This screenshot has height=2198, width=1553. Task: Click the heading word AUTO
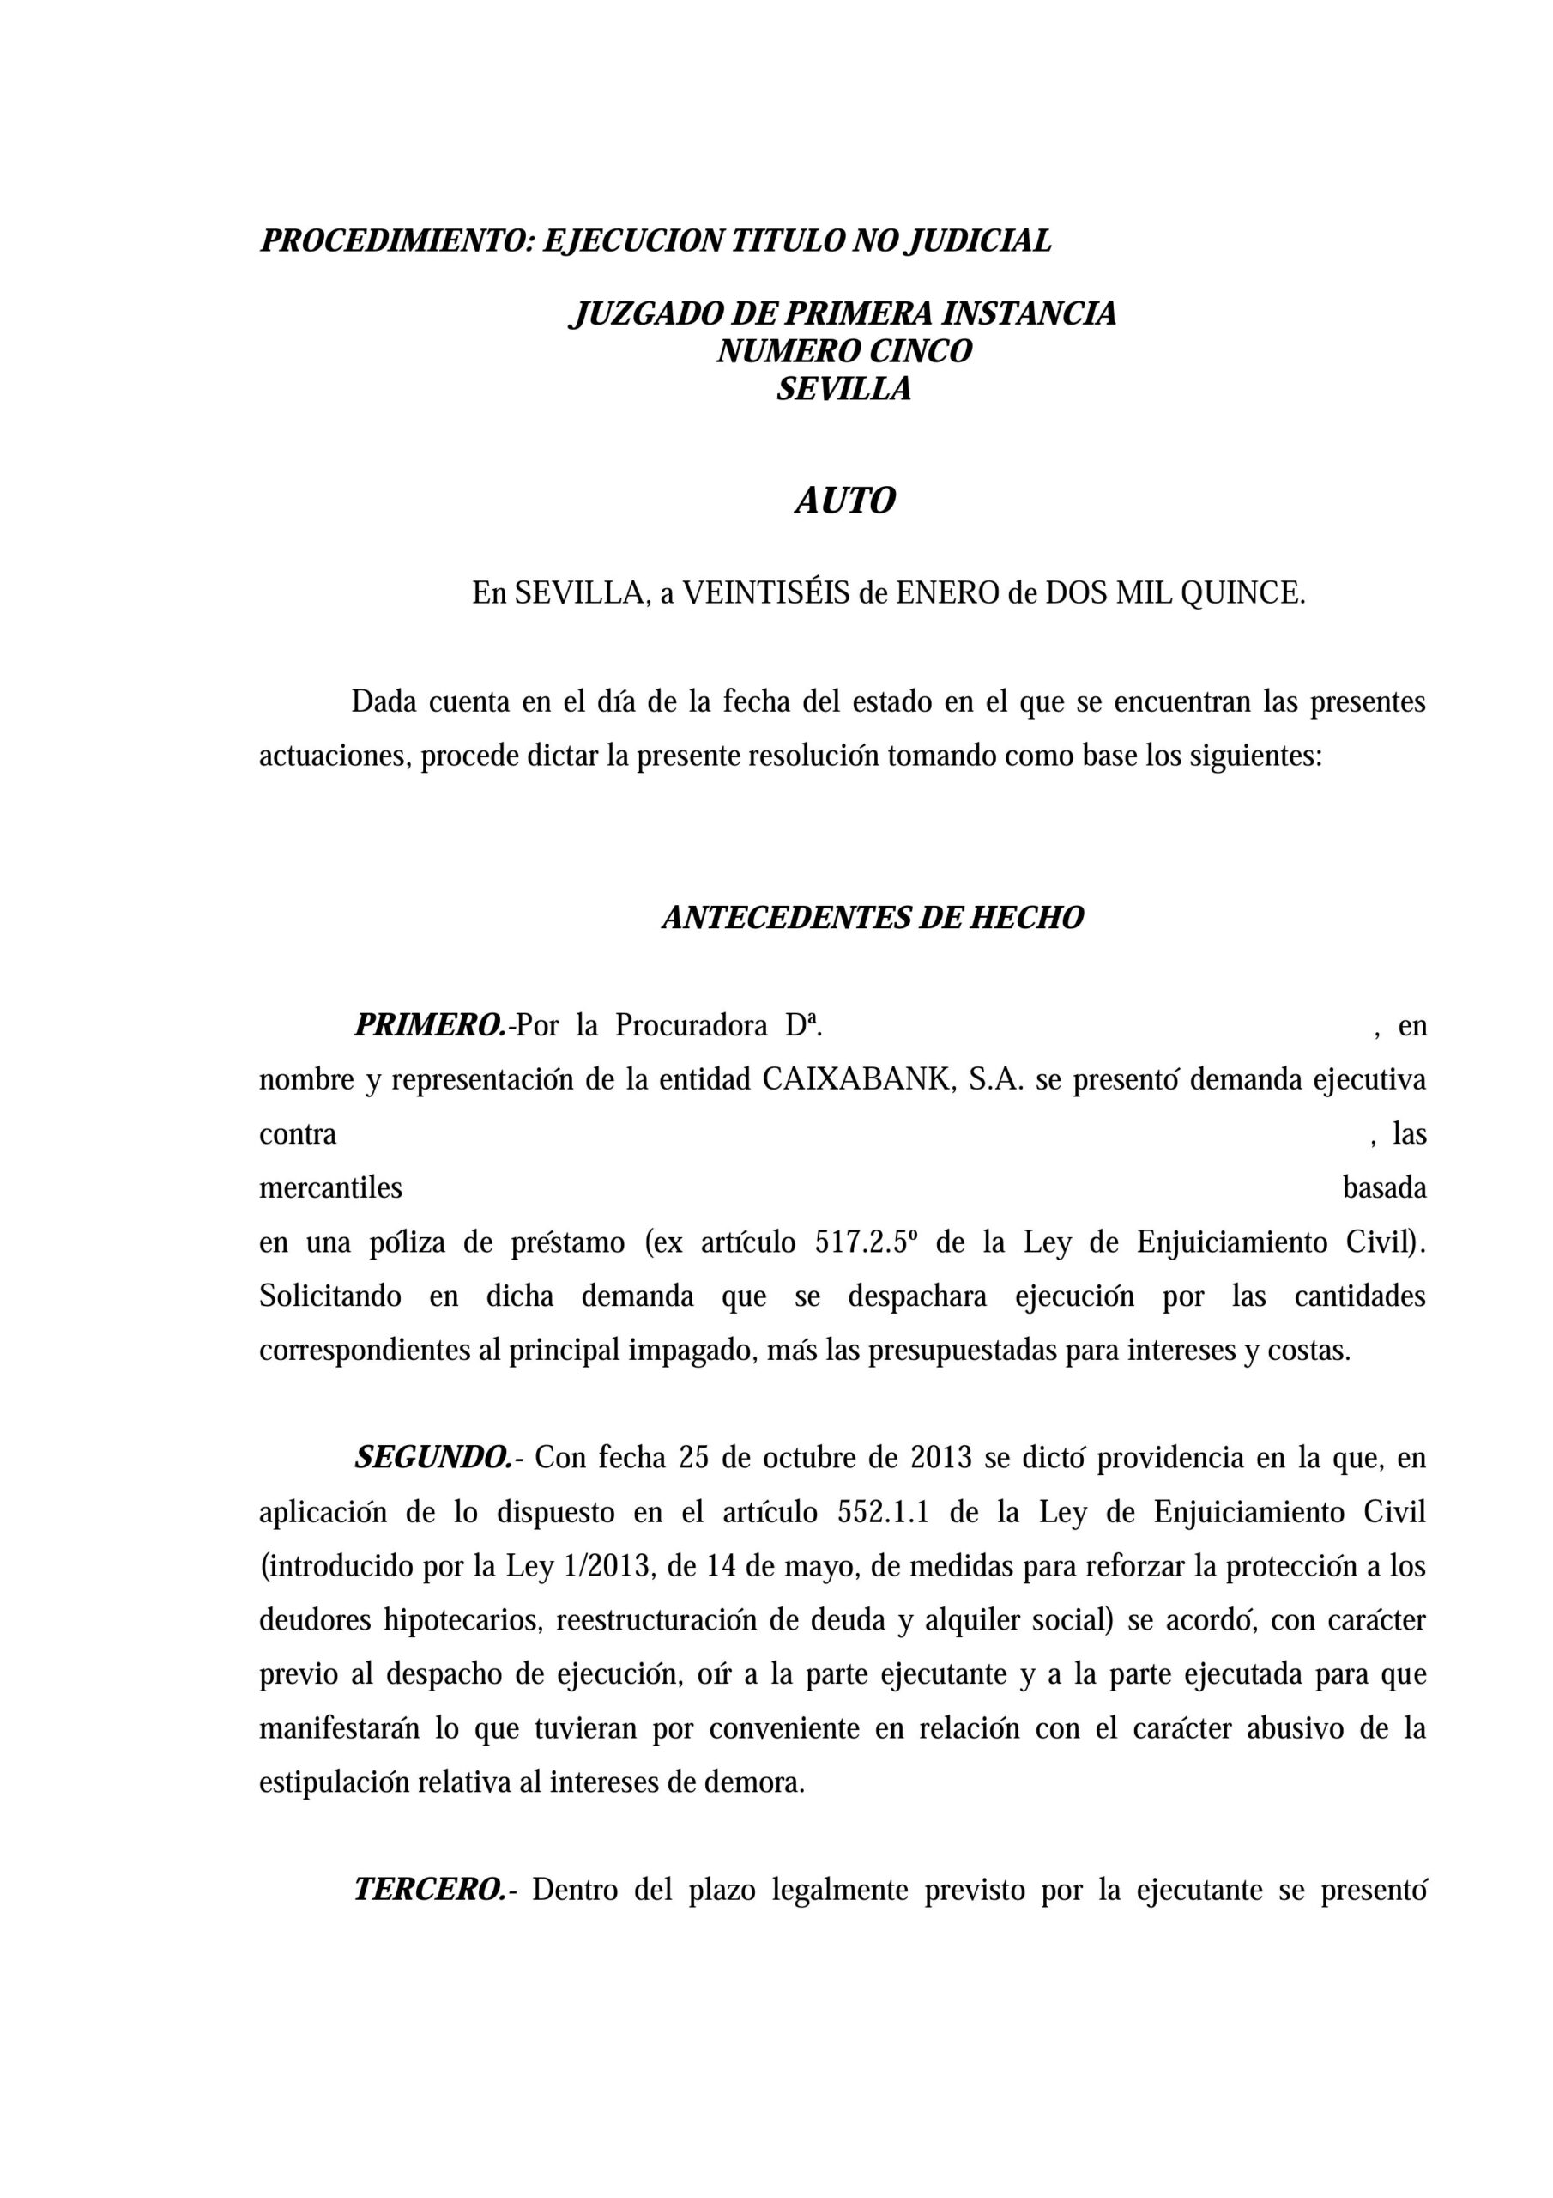tap(845, 501)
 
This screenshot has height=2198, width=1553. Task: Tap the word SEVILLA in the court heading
tap(843, 390)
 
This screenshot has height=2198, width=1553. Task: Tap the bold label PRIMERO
tap(430, 1025)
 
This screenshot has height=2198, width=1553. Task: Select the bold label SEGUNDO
tap(433, 1458)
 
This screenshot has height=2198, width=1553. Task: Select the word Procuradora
tap(691, 1025)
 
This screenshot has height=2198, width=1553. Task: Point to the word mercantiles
tap(330, 1188)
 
